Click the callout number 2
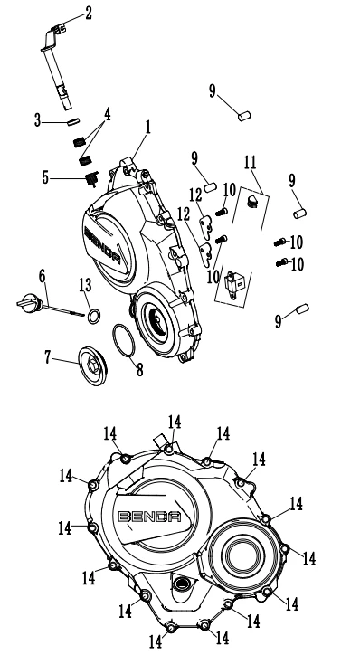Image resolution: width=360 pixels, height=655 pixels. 88,13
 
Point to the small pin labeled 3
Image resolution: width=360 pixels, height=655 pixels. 73,121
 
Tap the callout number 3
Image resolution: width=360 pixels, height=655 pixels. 38,121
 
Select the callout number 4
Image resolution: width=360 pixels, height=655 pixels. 108,114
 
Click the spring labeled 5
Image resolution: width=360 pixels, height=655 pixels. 92,179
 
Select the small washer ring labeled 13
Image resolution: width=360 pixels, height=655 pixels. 93,317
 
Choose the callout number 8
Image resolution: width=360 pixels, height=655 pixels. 139,369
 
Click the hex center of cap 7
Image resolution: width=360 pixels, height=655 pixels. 92,366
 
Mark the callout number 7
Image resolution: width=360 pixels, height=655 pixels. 48,356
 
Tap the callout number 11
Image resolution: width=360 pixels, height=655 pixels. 250,163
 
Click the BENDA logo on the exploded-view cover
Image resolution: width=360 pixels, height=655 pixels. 103,245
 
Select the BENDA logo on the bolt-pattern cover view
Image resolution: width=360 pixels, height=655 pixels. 149,517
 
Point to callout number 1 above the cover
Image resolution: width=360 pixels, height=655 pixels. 147,128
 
